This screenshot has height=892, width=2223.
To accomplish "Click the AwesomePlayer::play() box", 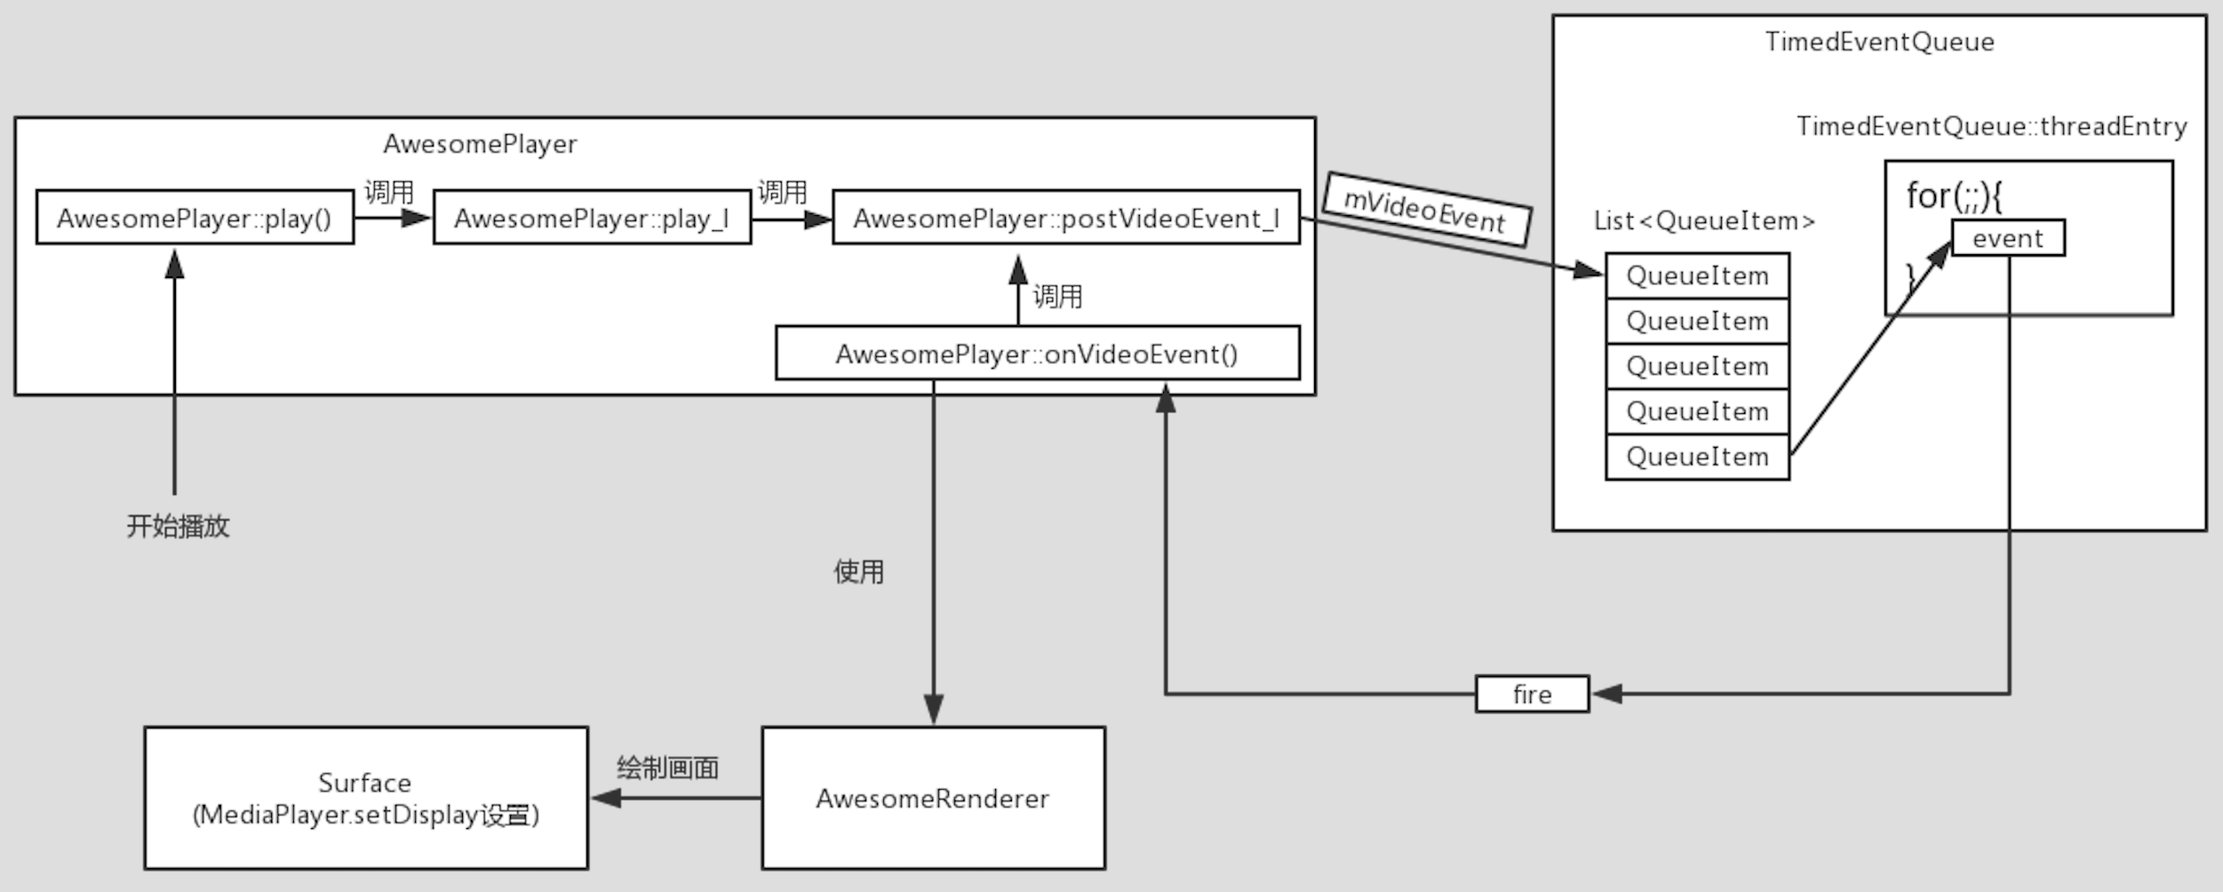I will [195, 218].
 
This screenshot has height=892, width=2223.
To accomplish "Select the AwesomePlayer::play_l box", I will [592, 218].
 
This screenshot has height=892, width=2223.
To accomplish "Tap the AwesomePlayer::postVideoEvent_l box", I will [1065, 218].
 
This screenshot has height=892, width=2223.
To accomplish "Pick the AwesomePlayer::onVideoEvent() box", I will [1037, 354].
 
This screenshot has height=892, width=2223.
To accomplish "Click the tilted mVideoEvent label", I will [1425, 211].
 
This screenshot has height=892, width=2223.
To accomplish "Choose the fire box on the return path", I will [1532, 694].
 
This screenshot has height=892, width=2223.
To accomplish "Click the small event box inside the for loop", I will [2007, 238].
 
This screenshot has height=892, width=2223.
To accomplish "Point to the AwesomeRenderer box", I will [933, 798].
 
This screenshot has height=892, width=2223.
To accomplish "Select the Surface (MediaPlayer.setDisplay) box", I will [366, 798].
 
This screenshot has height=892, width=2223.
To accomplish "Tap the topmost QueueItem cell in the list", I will [1697, 275].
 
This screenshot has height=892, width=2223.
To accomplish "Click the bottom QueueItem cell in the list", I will [1697, 457].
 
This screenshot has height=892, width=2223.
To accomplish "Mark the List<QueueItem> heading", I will [1703, 220].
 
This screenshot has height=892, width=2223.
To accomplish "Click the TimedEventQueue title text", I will [1879, 42].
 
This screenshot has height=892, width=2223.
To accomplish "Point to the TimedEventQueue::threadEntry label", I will [1991, 126].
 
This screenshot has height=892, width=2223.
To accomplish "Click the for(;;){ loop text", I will [1954, 195].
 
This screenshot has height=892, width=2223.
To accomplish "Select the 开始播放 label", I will [178, 526].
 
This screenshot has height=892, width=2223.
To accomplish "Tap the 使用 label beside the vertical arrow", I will [858, 571].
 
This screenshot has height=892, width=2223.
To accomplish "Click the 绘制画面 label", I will [667, 768].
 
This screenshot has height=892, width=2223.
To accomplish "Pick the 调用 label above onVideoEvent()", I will [1057, 296].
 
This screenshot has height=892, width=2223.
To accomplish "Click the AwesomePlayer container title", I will [480, 144].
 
